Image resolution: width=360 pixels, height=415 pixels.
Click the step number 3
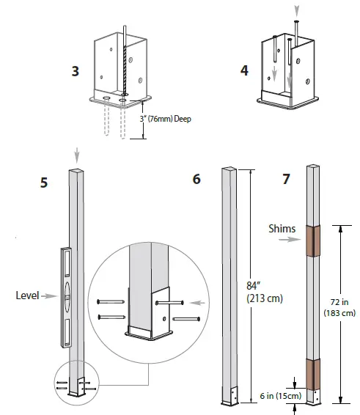76,71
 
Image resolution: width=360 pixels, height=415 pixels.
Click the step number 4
244,70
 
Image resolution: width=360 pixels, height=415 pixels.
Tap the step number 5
44,183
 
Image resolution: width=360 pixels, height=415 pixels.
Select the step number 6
196,179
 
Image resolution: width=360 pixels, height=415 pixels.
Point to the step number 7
286,179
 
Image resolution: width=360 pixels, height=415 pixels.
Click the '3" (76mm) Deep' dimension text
166,119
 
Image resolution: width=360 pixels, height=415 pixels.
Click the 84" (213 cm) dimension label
265,293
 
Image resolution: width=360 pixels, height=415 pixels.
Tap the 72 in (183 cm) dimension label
339,307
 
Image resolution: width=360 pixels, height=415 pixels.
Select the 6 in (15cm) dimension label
281,396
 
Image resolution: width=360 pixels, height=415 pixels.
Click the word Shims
282,229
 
